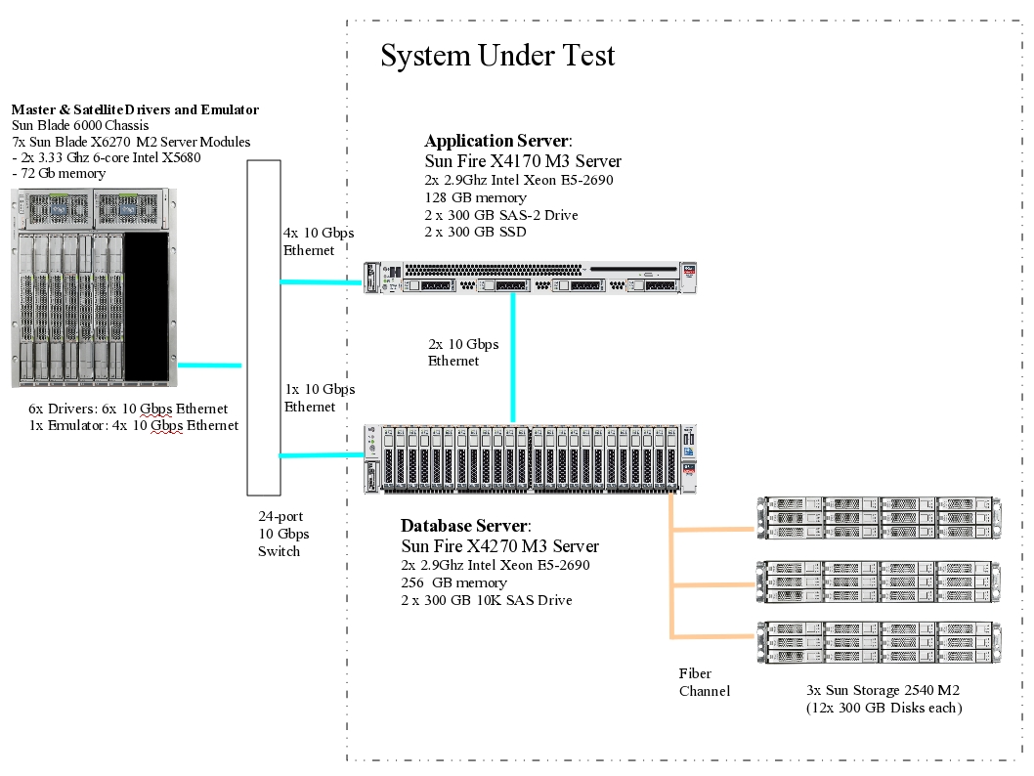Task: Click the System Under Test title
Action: point(497,56)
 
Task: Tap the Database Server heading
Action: point(466,526)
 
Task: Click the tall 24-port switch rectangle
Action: point(263,327)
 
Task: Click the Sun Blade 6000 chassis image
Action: point(95,287)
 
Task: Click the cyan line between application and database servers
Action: point(513,357)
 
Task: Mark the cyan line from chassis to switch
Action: point(209,366)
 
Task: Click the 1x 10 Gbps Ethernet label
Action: point(320,398)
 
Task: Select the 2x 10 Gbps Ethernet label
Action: point(463,353)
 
